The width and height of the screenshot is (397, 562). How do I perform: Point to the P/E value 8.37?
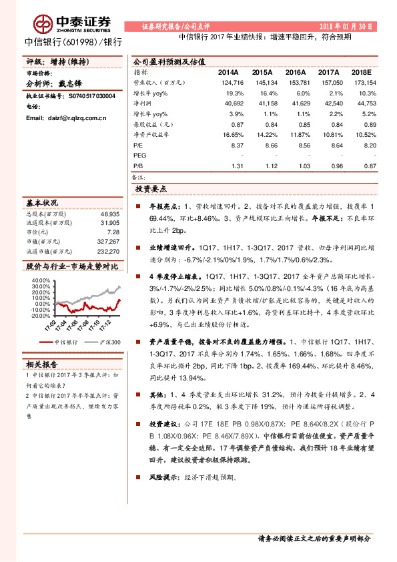point(236,144)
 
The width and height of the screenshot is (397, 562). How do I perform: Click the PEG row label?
point(139,155)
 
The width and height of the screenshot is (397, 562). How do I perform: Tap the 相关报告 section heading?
point(42,364)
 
